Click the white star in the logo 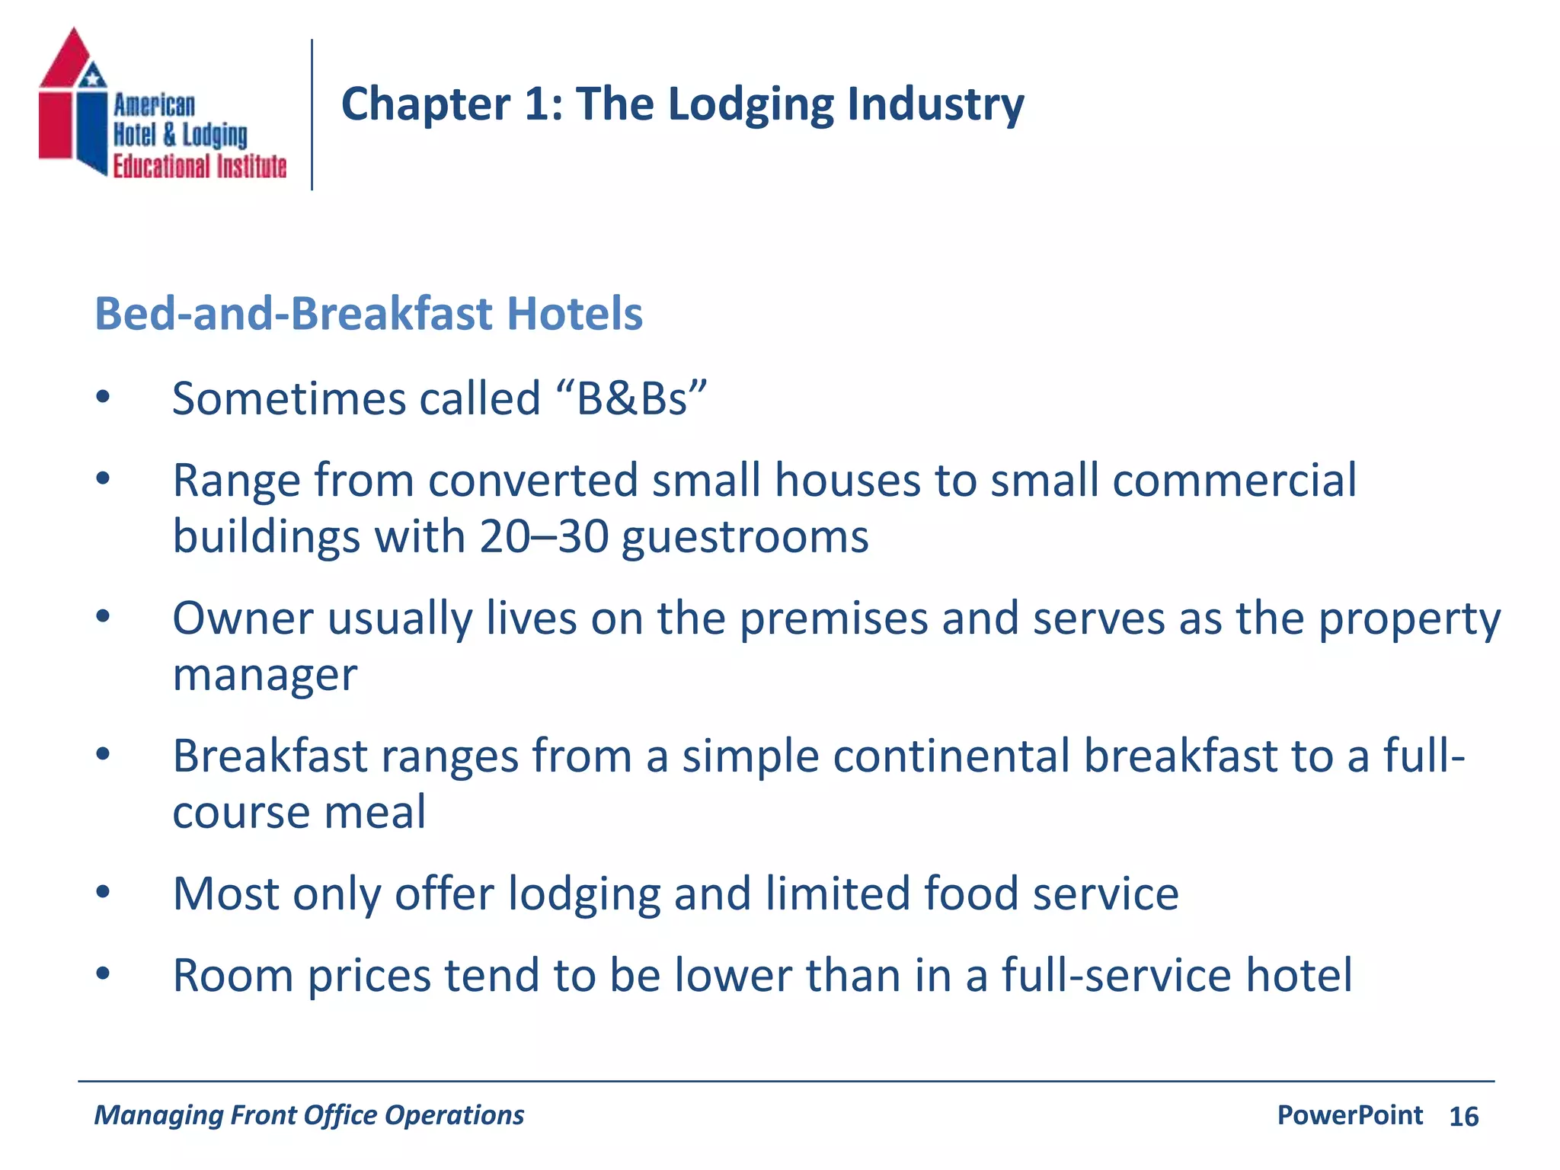tap(93, 77)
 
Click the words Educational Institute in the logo tap(200, 166)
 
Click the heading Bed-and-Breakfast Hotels tap(369, 313)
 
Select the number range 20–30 tap(544, 536)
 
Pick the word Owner tap(243, 618)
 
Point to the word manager tap(265, 675)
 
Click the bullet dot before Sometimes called tap(103, 397)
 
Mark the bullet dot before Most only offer tap(103, 892)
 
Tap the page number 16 tap(1463, 1117)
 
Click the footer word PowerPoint tap(1350, 1115)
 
